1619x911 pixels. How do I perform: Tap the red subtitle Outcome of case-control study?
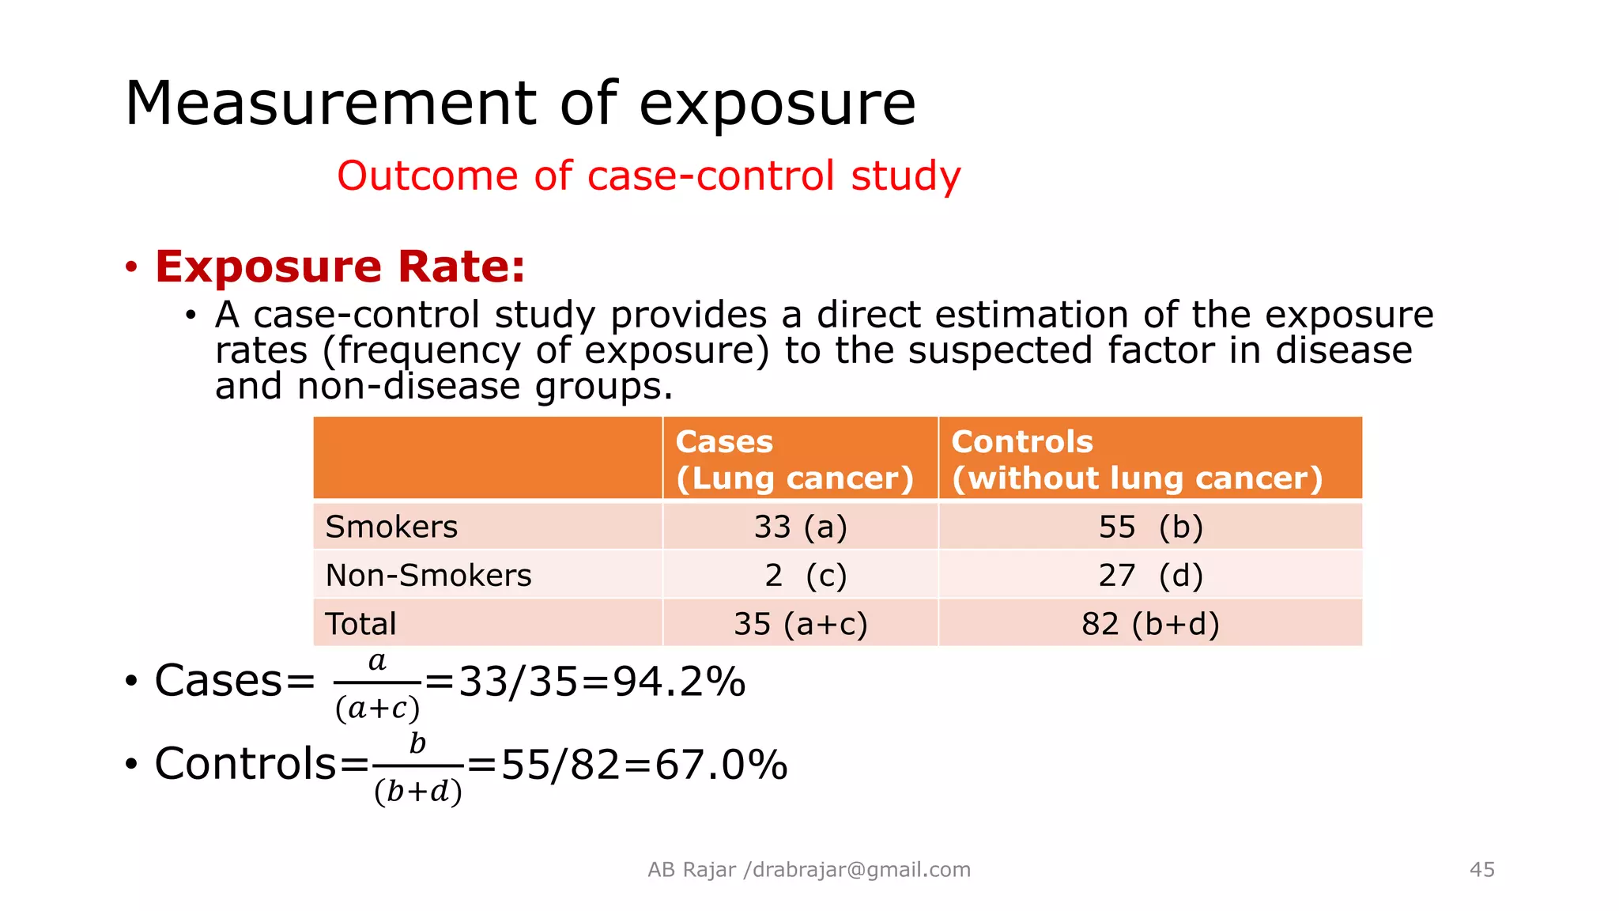(x=648, y=176)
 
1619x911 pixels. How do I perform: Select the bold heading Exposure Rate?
(x=340, y=266)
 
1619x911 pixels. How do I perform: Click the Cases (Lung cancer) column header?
(x=794, y=459)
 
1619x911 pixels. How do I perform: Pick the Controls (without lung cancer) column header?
(x=1136, y=459)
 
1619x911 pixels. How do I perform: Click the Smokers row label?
(x=391, y=527)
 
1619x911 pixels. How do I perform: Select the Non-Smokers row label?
(x=428, y=575)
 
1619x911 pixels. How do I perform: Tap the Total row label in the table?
(x=360, y=624)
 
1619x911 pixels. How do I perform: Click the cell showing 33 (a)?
(x=800, y=527)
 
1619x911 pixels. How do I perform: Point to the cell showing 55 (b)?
(x=1150, y=527)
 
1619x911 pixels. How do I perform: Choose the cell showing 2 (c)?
(x=805, y=575)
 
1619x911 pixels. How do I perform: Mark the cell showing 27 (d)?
(x=1150, y=575)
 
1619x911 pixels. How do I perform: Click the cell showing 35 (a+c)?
(x=800, y=624)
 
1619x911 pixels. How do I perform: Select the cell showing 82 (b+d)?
(x=1150, y=624)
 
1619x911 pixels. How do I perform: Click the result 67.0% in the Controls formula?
(x=721, y=765)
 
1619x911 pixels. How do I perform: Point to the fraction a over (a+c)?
(x=377, y=685)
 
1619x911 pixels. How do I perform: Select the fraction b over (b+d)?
(x=417, y=767)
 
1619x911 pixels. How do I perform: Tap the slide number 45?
(x=1481, y=870)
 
